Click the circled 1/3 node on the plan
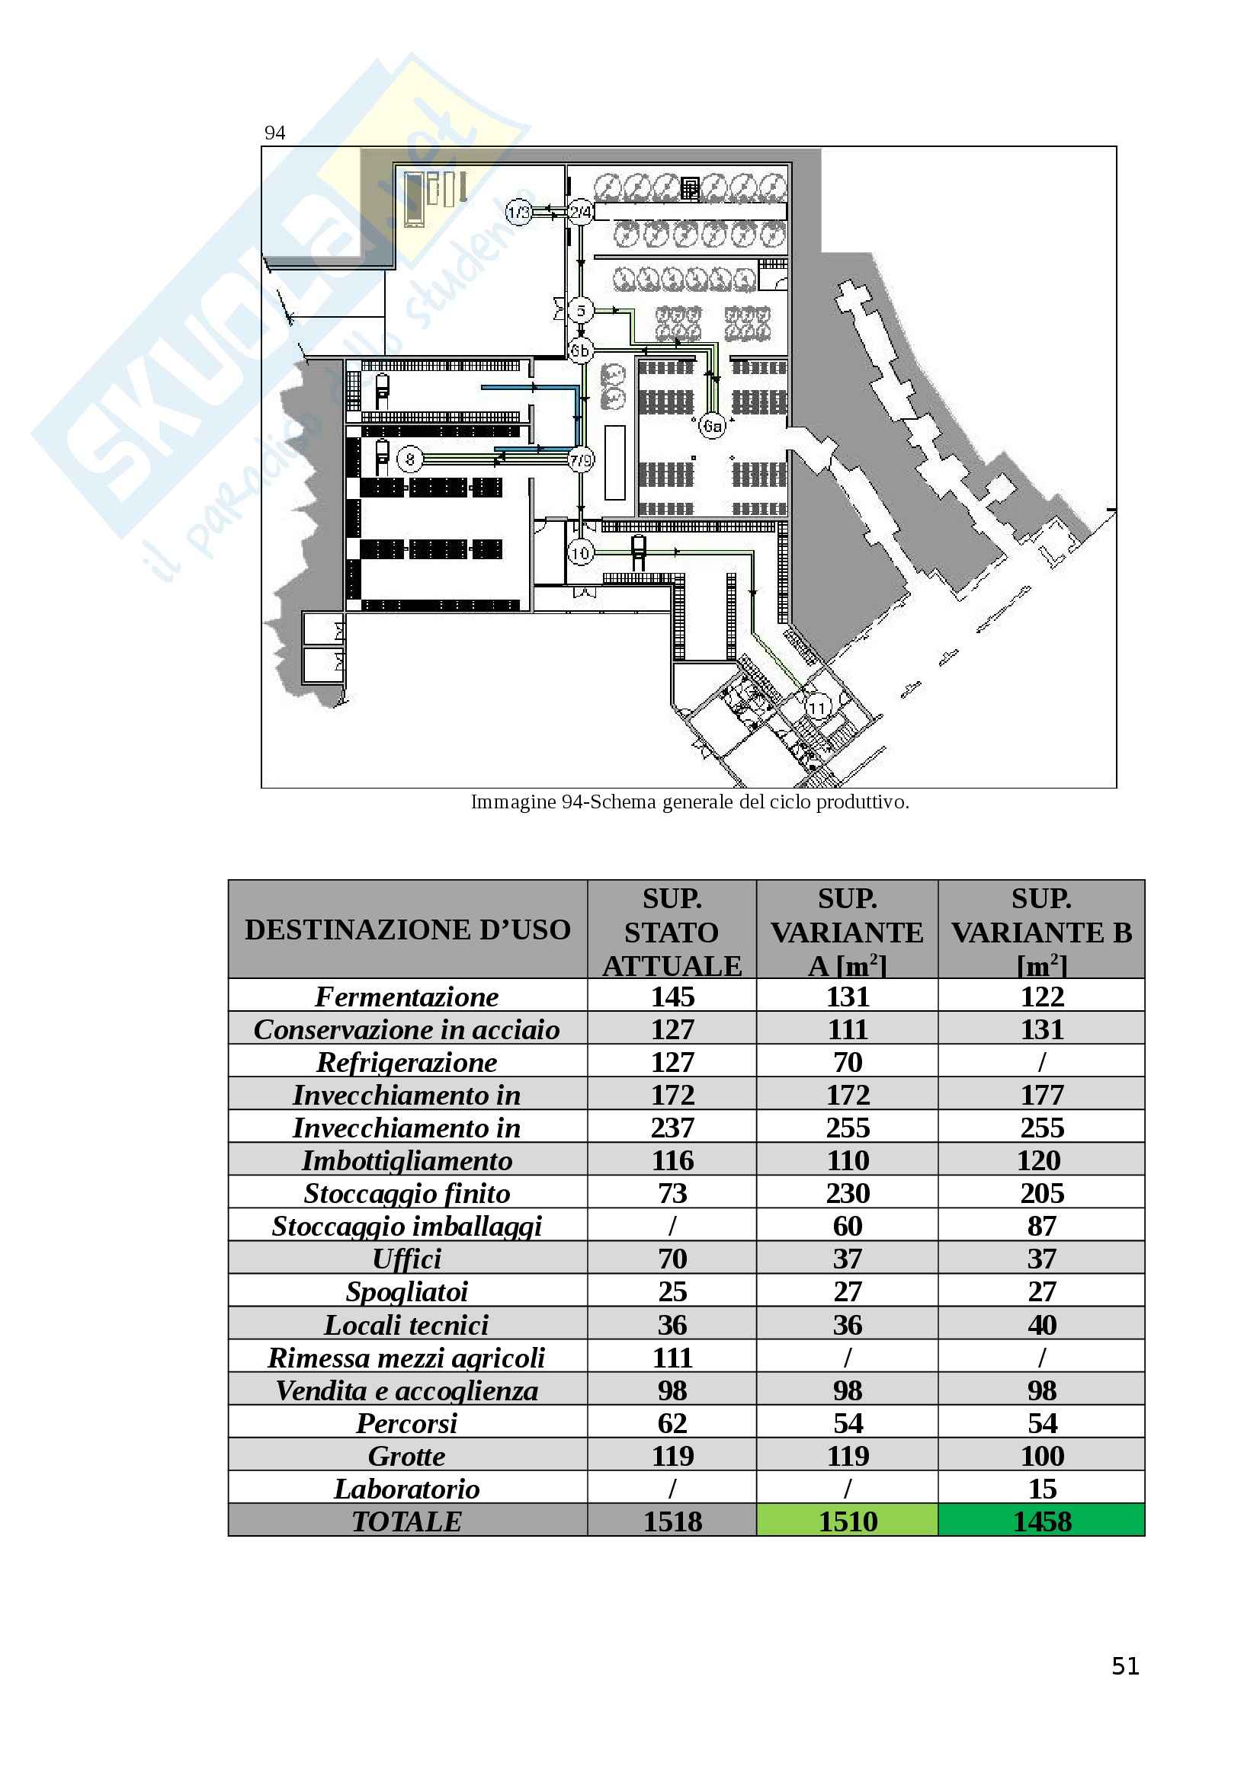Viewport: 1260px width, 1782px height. point(518,212)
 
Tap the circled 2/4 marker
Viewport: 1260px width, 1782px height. point(581,212)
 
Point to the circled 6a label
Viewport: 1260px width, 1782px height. point(712,425)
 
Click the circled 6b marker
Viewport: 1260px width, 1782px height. point(581,350)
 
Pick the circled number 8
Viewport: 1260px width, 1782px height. point(410,459)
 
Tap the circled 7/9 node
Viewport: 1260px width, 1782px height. point(581,459)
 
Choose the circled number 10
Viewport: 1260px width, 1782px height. point(581,552)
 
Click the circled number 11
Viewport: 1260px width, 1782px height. point(816,707)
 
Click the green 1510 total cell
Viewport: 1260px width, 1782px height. point(847,1522)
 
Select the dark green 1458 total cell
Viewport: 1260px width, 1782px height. point(1041,1522)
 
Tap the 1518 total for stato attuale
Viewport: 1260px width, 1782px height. point(672,1522)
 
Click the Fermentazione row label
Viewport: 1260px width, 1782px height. point(407,997)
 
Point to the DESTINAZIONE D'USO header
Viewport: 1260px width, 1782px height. point(408,929)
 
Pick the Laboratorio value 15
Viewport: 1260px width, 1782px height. point(1042,1489)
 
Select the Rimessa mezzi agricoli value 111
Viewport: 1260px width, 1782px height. point(672,1358)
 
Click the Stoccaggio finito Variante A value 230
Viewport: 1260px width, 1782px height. point(847,1193)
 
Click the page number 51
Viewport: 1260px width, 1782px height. point(1125,1666)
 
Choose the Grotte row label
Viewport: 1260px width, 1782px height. point(407,1456)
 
